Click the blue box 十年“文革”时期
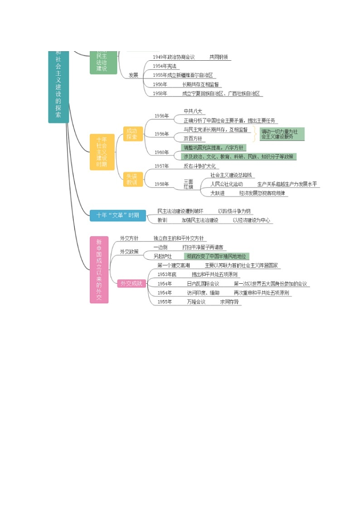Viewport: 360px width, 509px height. [118, 215]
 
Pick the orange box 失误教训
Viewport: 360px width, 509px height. [132, 179]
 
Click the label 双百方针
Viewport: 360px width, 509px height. [193, 138]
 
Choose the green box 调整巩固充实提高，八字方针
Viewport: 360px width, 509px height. [213, 147]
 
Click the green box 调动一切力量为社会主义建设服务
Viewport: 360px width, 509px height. [282, 134]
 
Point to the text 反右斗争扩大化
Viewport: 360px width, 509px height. [200, 166]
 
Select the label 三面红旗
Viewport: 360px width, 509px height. [188, 184]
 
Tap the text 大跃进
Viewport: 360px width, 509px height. [217, 193]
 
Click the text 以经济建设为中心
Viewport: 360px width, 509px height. [251, 220]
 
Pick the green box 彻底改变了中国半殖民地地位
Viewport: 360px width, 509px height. [215, 257]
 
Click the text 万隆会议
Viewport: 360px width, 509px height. [196, 302]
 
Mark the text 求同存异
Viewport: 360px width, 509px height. [229, 302]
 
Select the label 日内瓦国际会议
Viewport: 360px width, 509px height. [203, 284]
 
